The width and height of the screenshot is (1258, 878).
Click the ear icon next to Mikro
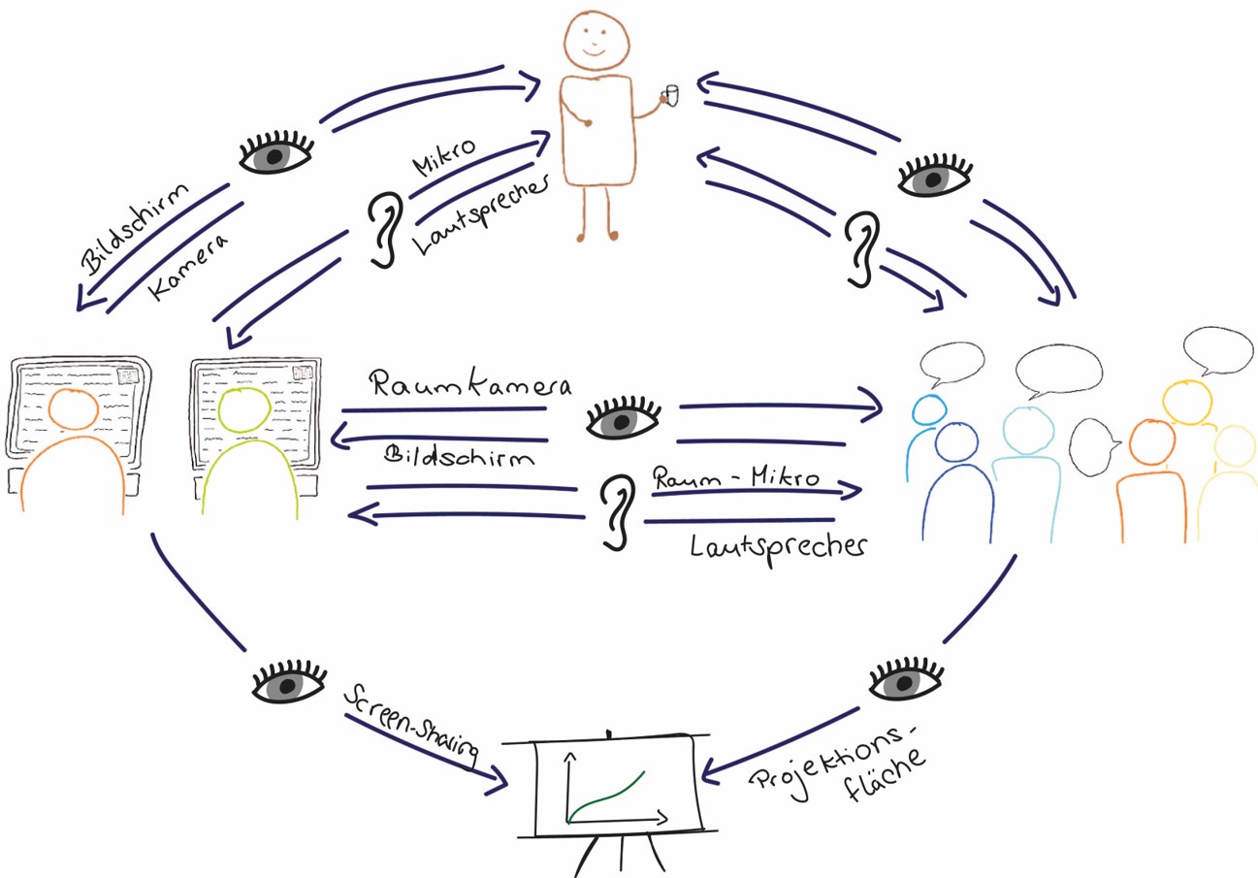click(x=385, y=227)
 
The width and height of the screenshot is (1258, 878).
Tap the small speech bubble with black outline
click(x=1093, y=443)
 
